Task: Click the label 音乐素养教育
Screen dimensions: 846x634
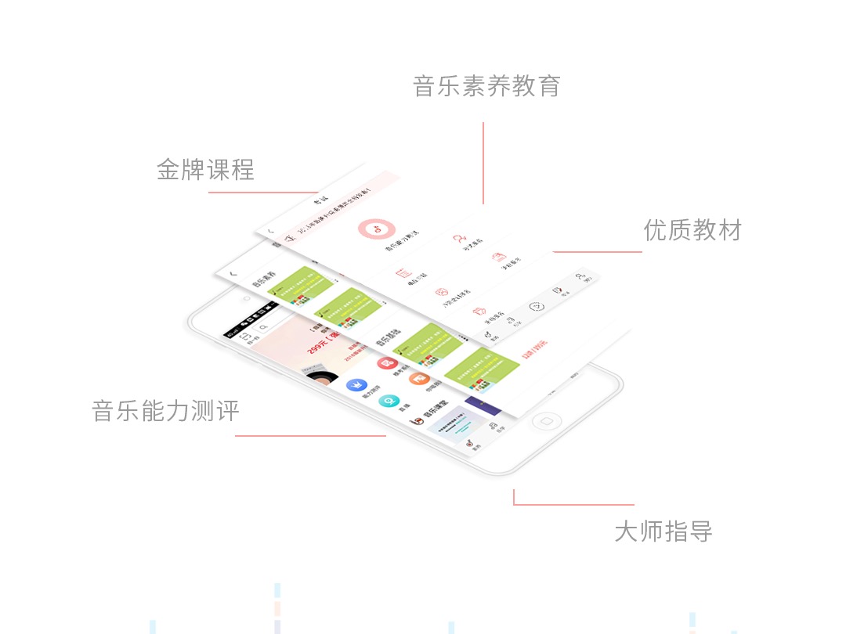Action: (486, 86)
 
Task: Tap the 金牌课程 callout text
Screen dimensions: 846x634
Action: (205, 170)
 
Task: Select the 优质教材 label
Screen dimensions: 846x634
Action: (692, 230)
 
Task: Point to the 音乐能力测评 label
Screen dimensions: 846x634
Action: (165, 411)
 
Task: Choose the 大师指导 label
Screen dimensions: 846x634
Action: (663, 532)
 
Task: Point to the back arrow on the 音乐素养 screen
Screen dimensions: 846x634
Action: (233, 274)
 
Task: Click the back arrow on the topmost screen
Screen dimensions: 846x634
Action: (270, 232)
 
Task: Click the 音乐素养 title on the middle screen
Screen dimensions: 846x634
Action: (263, 284)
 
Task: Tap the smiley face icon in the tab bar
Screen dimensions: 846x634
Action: (537, 307)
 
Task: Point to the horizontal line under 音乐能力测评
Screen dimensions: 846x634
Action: (310, 436)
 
